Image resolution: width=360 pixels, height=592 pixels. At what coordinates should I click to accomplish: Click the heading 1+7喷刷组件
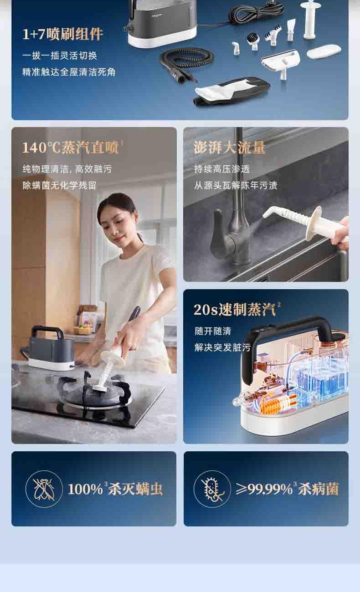pyautogui.click(x=62, y=34)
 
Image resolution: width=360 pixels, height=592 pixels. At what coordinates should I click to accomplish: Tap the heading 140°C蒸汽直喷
pyautogui.click(x=70, y=148)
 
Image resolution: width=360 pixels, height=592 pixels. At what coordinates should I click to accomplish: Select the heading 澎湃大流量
pyautogui.click(x=229, y=147)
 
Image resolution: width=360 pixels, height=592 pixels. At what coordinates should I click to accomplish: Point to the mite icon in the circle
pyautogui.click(x=44, y=489)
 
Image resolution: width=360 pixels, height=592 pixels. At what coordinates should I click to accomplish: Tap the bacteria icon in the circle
pyautogui.click(x=212, y=489)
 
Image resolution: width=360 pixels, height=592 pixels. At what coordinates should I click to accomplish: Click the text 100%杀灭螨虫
pyautogui.click(x=115, y=489)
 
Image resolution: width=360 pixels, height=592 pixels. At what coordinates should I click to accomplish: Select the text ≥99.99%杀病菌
pyautogui.click(x=287, y=489)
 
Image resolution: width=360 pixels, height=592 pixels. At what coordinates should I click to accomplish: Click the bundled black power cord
pyautogui.click(x=255, y=12)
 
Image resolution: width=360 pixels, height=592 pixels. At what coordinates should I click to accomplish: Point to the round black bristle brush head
pyautogui.click(x=253, y=41)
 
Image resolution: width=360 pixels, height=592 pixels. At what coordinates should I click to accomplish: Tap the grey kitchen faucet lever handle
pyautogui.click(x=218, y=228)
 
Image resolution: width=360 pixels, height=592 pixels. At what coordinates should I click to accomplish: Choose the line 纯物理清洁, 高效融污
pyautogui.click(x=67, y=169)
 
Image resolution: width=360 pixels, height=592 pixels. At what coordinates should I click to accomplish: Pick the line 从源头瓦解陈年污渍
pyautogui.click(x=236, y=185)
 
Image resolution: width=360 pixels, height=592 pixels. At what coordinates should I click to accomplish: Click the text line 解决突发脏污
pyautogui.click(x=222, y=347)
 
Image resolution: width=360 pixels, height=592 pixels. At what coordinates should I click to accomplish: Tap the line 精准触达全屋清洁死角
pyautogui.click(x=69, y=72)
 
